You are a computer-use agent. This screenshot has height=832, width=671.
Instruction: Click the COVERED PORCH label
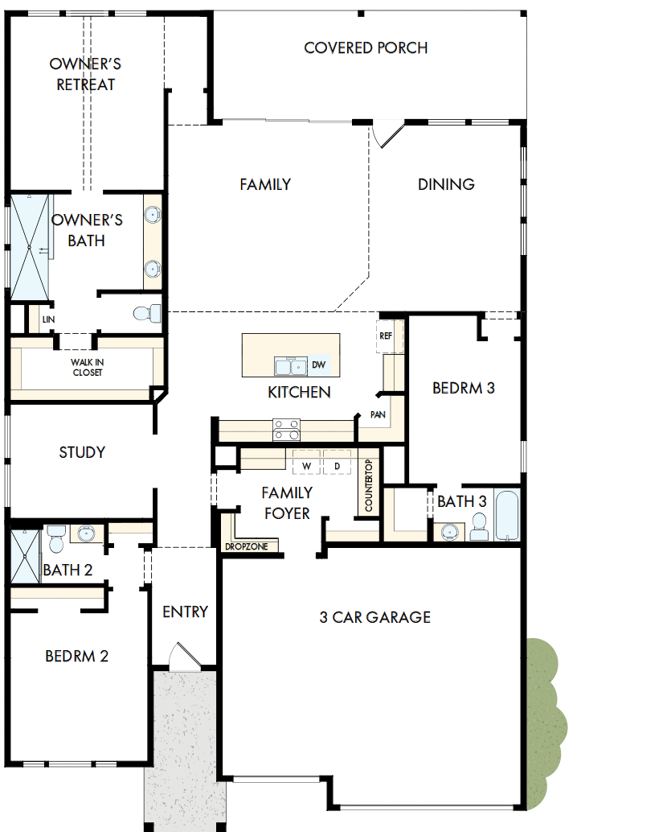(x=366, y=48)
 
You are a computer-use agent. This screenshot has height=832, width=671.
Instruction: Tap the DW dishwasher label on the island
(x=318, y=365)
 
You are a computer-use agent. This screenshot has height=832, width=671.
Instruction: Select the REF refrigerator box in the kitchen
(x=385, y=336)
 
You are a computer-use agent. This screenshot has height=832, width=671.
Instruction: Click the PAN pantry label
(x=377, y=415)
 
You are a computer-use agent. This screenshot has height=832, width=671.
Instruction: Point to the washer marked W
(x=305, y=466)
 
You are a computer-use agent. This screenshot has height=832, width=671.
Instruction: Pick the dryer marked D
(x=337, y=466)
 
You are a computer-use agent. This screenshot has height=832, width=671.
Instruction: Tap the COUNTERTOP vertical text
(x=369, y=486)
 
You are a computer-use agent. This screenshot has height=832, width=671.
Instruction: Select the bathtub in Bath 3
(x=507, y=516)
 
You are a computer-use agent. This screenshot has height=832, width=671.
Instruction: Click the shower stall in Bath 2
(x=24, y=556)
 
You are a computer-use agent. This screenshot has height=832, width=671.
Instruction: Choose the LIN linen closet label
(x=48, y=319)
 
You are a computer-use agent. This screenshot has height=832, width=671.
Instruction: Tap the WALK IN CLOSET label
(x=88, y=367)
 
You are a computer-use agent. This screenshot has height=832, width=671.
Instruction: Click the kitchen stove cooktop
(x=287, y=430)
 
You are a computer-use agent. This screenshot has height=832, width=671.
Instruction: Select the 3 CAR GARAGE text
(x=374, y=617)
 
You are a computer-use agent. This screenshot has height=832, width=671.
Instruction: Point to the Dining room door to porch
(x=386, y=135)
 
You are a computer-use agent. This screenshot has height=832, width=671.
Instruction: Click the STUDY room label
(x=82, y=452)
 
